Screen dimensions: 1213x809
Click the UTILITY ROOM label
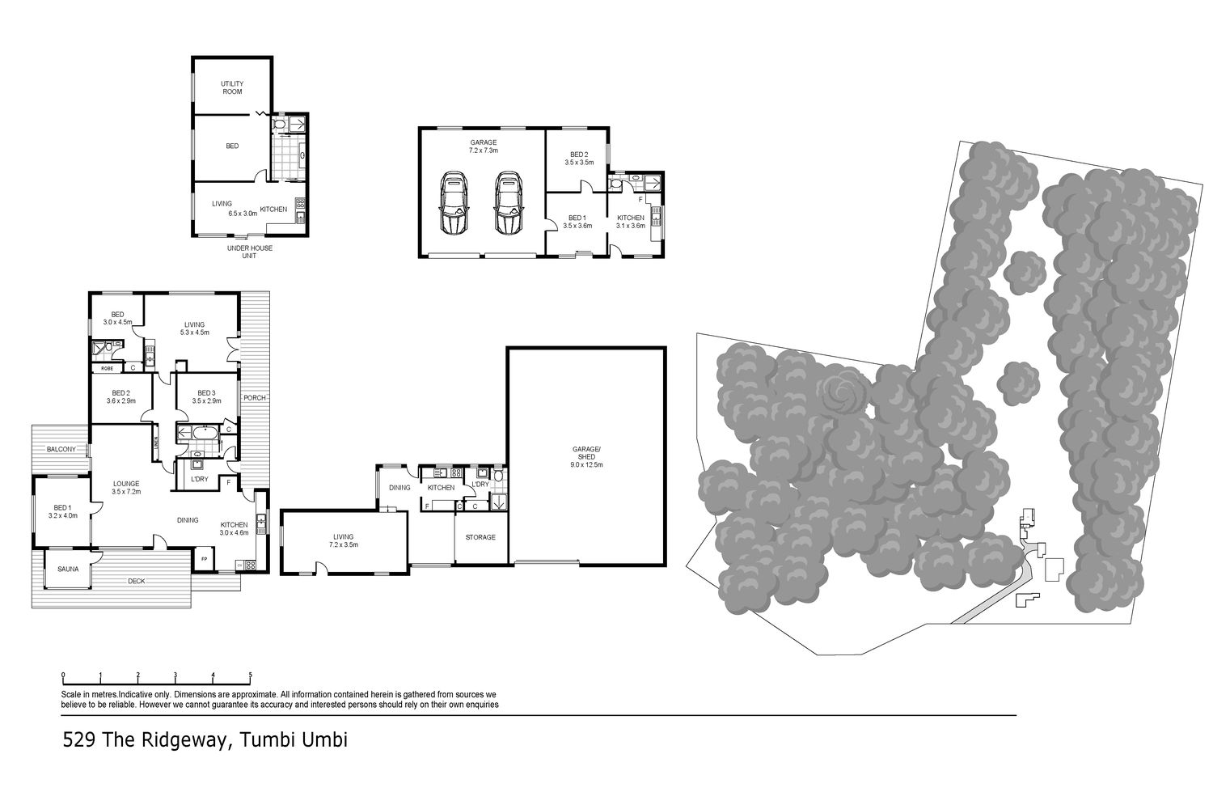point(232,88)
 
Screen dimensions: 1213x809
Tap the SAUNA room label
point(68,569)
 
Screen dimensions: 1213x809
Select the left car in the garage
point(454,203)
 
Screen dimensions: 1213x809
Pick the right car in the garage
point(508,203)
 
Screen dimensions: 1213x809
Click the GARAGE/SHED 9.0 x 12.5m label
point(587,457)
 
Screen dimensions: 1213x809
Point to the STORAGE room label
point(480,537)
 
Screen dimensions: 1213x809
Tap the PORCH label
point(255,398)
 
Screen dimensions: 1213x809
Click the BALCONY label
point(61,449)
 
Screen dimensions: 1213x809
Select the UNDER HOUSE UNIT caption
point(250,252)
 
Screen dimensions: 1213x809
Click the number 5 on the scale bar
point(250,676)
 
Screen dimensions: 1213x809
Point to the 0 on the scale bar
point(63,676)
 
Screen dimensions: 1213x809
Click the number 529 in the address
point(79,739)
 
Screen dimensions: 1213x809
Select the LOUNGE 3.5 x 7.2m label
point(126,488)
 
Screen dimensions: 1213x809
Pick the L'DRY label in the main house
point(200,479)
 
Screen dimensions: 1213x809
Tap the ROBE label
point(107,368)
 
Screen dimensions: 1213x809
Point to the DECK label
point(137,581)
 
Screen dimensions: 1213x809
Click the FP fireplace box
point(205,558)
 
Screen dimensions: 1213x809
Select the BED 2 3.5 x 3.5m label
point(579,159)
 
